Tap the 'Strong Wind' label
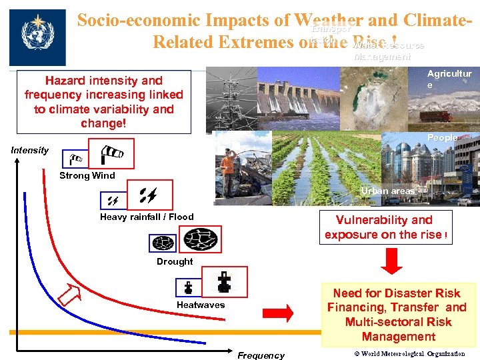(87, 176)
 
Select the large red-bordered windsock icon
(111, 153)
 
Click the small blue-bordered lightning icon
(109, 199)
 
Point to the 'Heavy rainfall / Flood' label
(147, 217)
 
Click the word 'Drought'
(175, 261)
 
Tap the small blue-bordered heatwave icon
(189, 288)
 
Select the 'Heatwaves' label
(201, 305)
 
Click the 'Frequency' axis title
(261, 355)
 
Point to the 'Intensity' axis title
(30, 150)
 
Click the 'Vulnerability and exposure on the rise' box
(385, 227)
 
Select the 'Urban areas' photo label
(388, 191)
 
